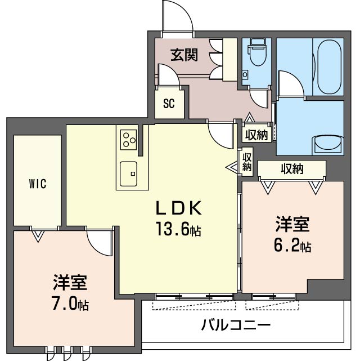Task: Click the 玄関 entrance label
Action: (x=184, y=55)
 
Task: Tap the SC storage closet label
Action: (x=169, y=104)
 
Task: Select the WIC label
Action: (x=38, y=183)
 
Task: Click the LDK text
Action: (x=178, y=208)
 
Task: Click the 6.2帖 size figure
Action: (x=292, y=246)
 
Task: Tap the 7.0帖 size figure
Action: (x=70, y=304)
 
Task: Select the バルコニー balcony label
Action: (x=236, y=325)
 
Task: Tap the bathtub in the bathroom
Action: (x=329, y=68)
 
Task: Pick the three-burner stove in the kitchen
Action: (x=129, y=139)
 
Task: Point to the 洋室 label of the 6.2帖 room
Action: (x=292, y=224)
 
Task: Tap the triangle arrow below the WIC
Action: (x=38, y=236)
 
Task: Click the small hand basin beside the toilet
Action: (x=245, y=74)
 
